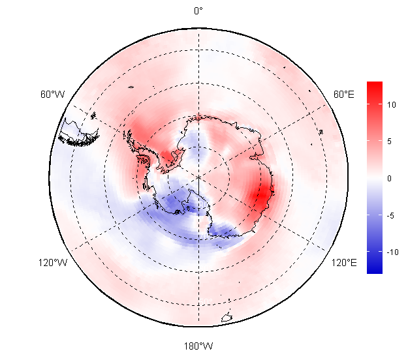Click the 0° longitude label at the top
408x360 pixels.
pos(198,11)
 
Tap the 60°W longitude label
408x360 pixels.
pos(53,94)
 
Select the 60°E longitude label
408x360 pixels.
pos(344,94)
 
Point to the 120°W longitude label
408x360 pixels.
pos(53,263)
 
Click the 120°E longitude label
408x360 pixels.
pos(344,263)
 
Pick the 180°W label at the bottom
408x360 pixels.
pos(198,346)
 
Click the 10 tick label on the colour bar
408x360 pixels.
pos(391,105)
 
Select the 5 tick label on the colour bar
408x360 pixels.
pos(389,142)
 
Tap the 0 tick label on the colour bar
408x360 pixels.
pos(389,178)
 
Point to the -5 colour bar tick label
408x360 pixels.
pos(390,215)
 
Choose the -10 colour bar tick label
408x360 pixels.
pos(392,252)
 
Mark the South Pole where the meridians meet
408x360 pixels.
pos(199,177)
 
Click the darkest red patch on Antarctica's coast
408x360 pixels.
pos(262,196)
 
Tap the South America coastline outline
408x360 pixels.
pos(78,132)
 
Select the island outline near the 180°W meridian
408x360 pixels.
pos(227,318)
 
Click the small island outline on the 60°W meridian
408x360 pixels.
pos(93,115)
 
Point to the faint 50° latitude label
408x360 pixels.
pos(206,301)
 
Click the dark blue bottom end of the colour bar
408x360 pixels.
pos(375,269)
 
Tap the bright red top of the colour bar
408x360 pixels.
pos(375,87)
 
